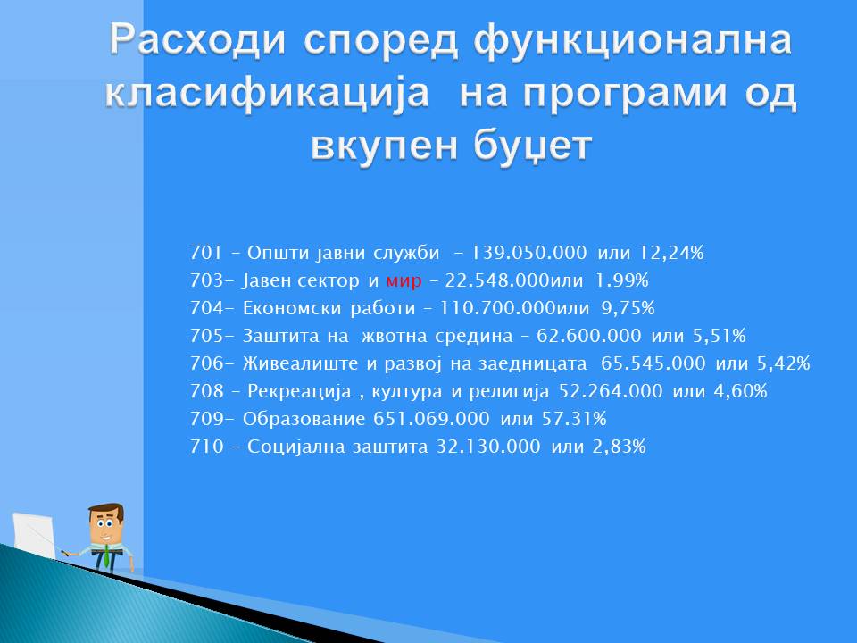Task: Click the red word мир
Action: point(404,281)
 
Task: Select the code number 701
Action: point(206,253)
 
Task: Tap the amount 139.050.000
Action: point(528,253)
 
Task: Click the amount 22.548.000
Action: point(497,280)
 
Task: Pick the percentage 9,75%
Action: point(628,308)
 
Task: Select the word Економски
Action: point(292,308)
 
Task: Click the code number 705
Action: point(206,336)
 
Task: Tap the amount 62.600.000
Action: point(588,336)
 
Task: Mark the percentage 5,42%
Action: point(783,363)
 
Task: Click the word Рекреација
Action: point(299,391)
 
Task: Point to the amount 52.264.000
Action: point(611,391)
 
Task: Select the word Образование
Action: point(304,419)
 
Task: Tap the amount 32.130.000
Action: point(488,447)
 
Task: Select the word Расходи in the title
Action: point(197,40)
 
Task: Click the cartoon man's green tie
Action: point(105,557)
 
